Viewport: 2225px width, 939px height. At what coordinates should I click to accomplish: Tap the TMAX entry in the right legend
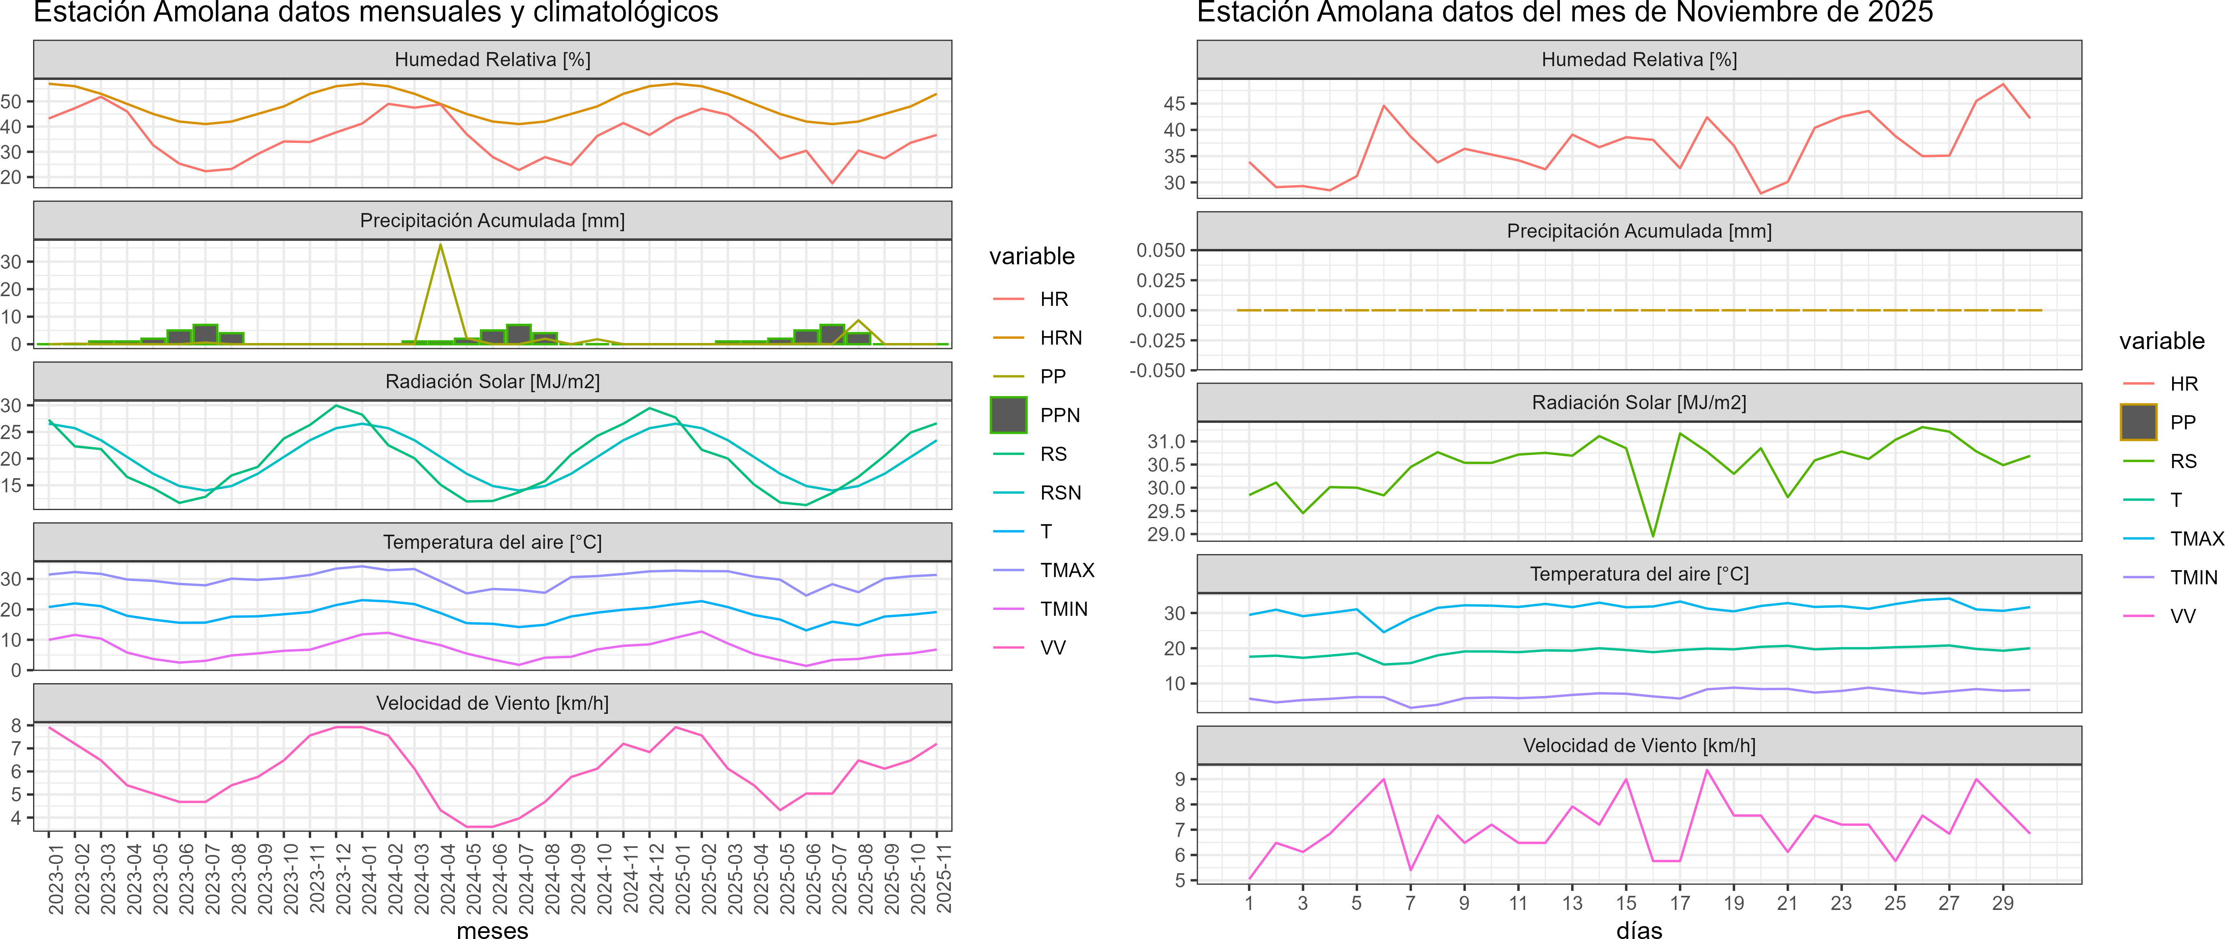tap(2196, 539)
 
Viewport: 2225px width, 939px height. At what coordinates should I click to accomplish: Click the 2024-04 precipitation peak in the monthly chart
tap(440, 245)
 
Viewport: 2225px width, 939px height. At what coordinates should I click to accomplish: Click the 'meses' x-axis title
tap(492, 929)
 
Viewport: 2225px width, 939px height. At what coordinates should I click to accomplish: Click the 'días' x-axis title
tap(1639, 929)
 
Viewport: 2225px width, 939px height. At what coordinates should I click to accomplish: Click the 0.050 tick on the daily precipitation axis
tap(1161, 251)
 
